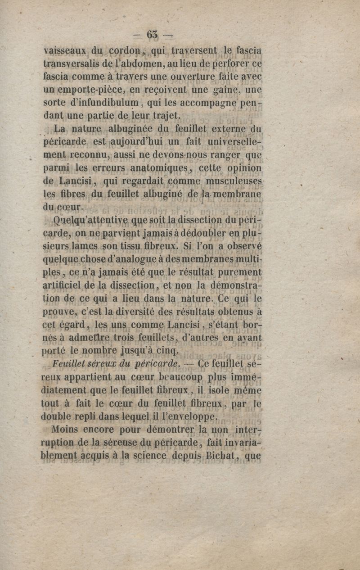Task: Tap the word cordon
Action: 125,50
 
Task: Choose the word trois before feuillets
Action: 112,337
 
